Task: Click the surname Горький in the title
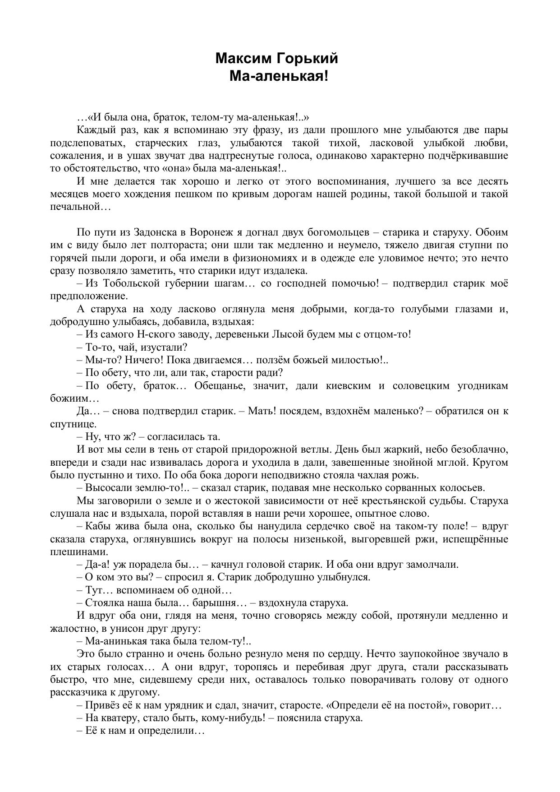click(x=306, y=59)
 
